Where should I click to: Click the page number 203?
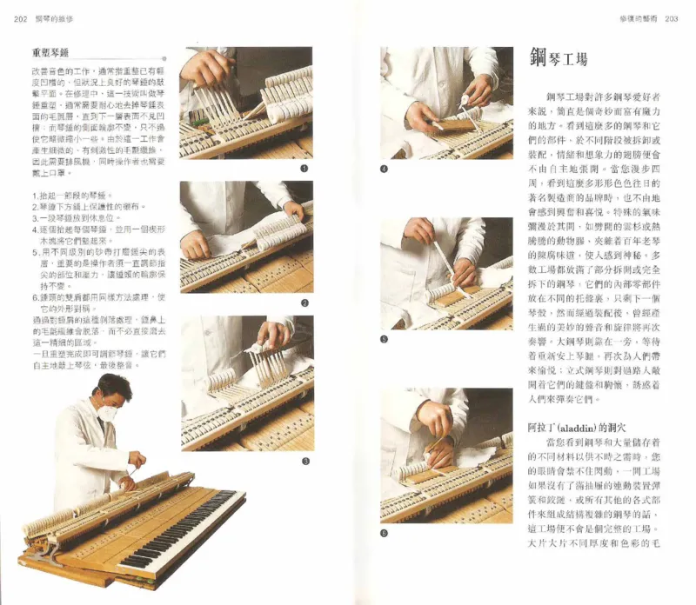pyautogui.click(x=670, y=18)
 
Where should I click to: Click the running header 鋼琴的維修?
pyautogui.click(x=57, y=19)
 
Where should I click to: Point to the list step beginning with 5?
pyautogui.click(x=90, y=257)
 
